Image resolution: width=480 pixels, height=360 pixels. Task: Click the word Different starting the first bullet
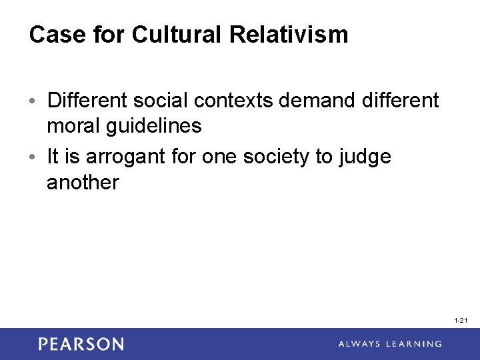[87, 101]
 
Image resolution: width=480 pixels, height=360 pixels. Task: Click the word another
[83, 182]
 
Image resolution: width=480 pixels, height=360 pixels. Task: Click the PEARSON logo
[81, 344]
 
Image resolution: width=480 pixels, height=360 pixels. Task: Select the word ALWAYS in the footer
[361, 344]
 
